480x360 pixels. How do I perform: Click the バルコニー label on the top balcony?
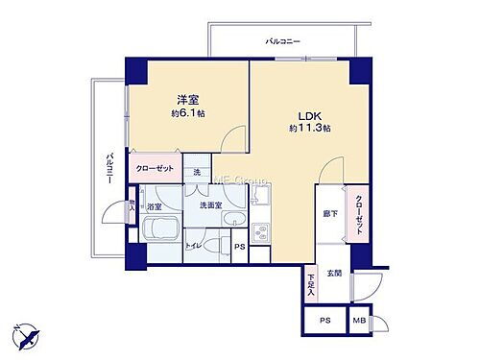click(283, 41)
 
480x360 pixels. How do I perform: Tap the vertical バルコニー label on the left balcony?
click(108, 167)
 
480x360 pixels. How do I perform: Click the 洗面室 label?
click(210, 206)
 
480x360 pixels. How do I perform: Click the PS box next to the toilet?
click(240, 247)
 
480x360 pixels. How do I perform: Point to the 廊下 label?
click(328, 213)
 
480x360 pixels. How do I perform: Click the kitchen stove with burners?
click(260, 233)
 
